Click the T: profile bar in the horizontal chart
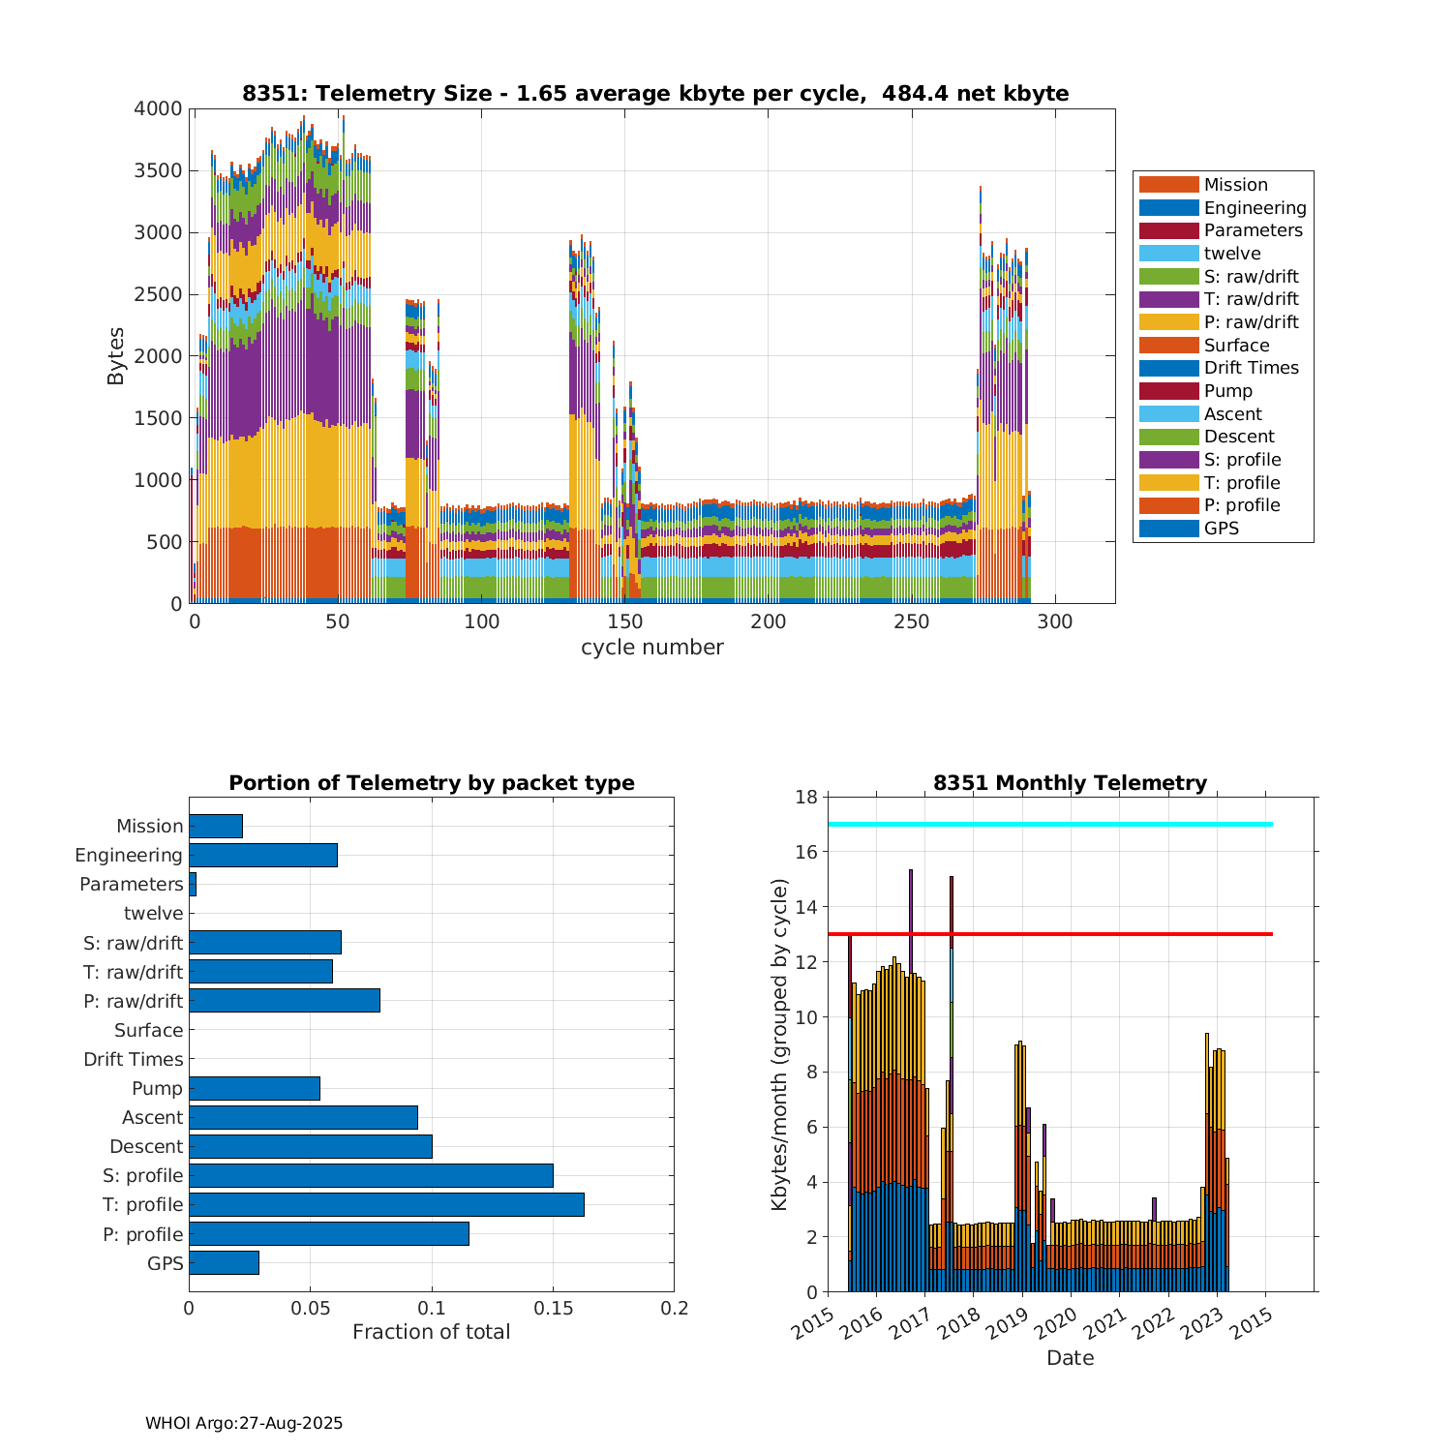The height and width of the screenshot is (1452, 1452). pyautogui.click(x=386, y=1204)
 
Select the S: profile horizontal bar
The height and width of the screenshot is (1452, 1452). pyautogui.click(x=371, y=1175)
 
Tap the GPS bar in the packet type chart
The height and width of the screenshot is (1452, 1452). pyautogui.click(x=224, y=1262)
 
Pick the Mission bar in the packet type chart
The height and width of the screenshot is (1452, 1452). pyautogui.click(x=216, y=826)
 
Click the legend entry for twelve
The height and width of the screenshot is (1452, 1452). pyautogui.click(x=1232, y=254)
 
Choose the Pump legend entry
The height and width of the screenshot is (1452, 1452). pyautogui.click(x=1227, y=391)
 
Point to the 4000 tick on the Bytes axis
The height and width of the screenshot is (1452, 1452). pyautogui.click(x=158, y=109)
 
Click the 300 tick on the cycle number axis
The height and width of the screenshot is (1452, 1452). pyautogui.click(x=1055, y=622)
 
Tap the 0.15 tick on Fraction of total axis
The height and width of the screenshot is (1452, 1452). pyautogui.click(x=553, y=1309)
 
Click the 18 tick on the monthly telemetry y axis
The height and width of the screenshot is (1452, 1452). pyautogui.click(x=805, y=797)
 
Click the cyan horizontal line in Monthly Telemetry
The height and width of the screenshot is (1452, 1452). pyautogui.click(x=1050, y=824)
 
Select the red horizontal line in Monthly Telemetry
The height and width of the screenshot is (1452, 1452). pyautogui.click(x=1050, y=934)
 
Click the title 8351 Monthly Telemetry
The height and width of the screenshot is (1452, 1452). pyautogui.click(x=1070, y=783)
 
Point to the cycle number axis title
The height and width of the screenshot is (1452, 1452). pyautogui.click(x=651, y=648)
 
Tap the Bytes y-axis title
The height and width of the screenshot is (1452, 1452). pyautogui.click(x=116, y=356)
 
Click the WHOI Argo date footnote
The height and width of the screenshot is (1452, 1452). pyautogui.click(x=244, y=1423)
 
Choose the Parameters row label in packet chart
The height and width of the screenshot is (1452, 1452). pyautogui.click(x=131, y=885)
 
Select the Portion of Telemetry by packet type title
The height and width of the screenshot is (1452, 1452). pyautogui.click(x=431, y=783)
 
